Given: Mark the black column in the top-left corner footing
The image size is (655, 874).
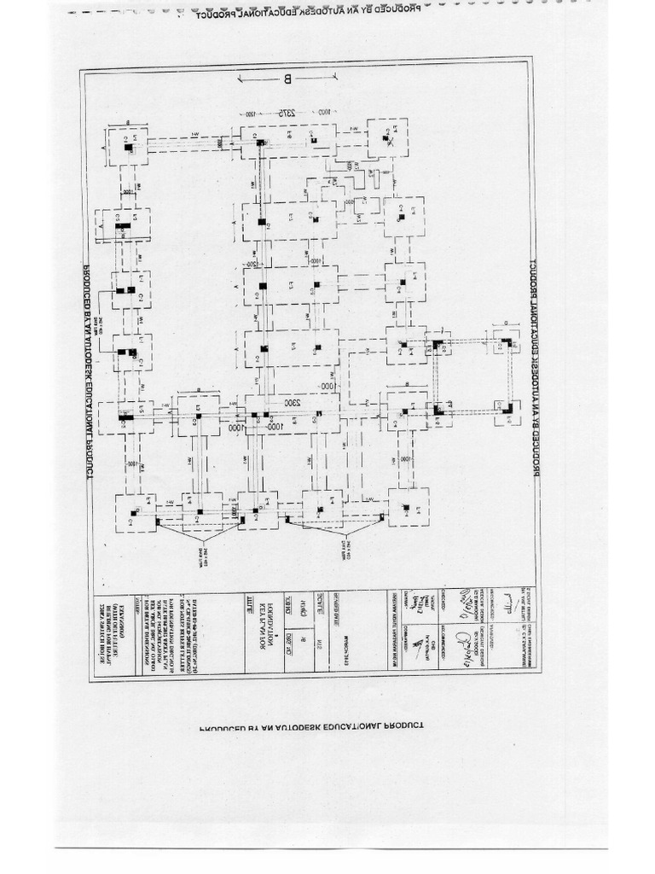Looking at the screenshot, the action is coord(127,148).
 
